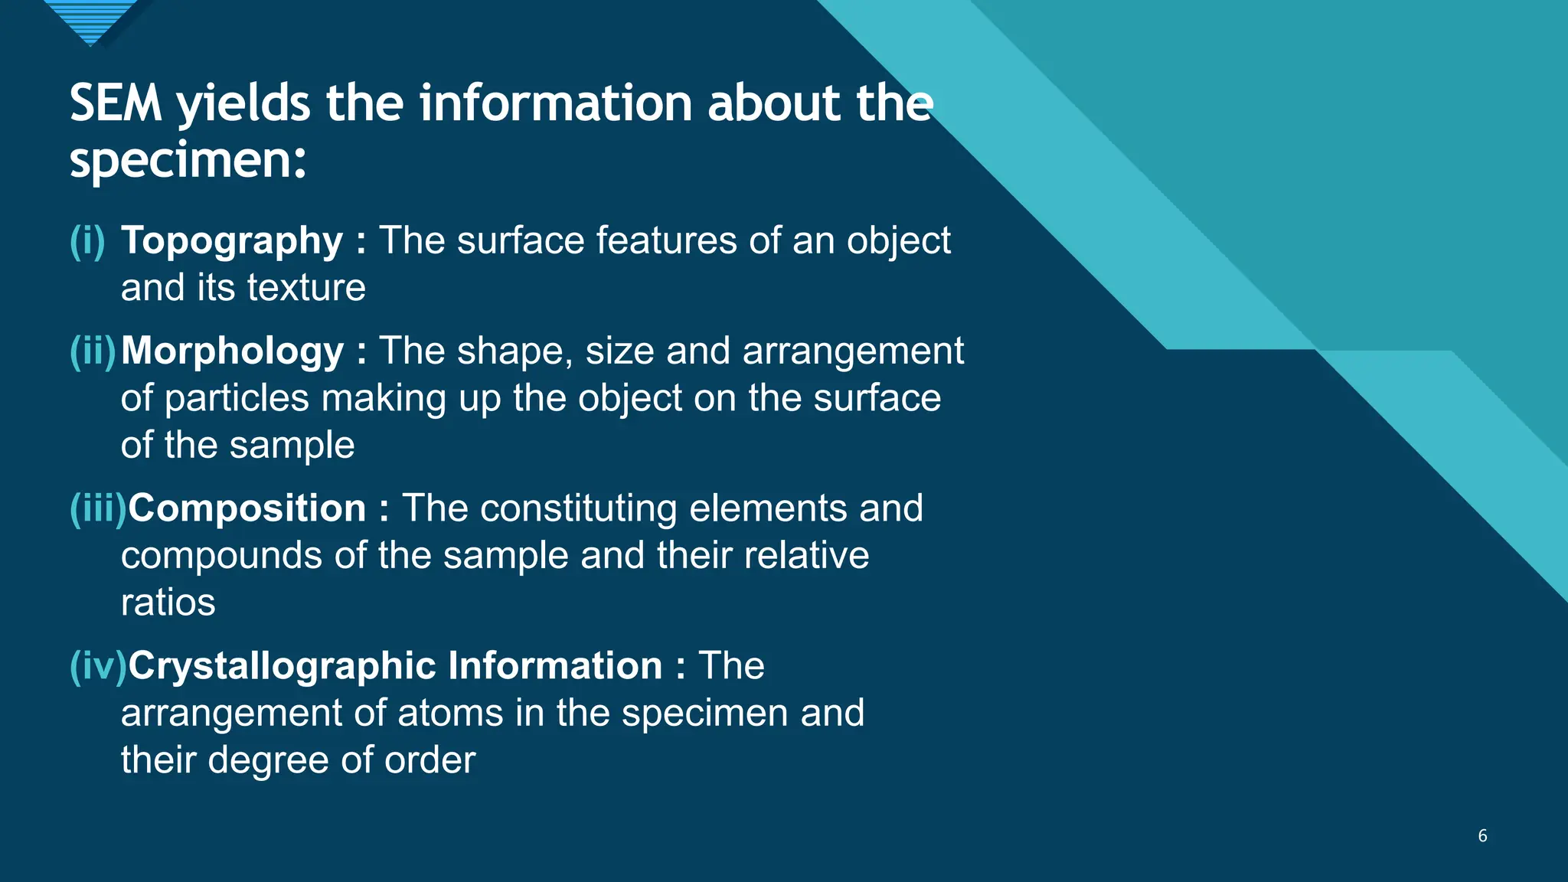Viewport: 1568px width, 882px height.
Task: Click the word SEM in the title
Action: click(116, 103)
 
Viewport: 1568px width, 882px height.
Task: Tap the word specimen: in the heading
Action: click(188, 161)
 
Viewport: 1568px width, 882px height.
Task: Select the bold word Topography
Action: click(232, 240)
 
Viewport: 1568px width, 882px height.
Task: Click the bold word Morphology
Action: click(232, 351)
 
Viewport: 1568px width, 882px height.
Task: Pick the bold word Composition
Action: click(247, 508)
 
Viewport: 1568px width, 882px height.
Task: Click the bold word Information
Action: click(555, 665)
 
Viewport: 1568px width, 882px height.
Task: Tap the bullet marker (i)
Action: click(87, 240)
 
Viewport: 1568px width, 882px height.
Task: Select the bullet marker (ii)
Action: click(93, 351)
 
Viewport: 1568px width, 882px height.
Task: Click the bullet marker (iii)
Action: click(97, 508)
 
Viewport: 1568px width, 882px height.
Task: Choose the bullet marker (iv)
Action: click(97, 665)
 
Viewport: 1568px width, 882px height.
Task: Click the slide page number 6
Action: click(1482, 835)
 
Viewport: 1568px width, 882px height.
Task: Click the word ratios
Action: click(168, 603)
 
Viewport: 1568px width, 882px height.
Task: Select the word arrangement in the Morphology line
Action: click(853, 351)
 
